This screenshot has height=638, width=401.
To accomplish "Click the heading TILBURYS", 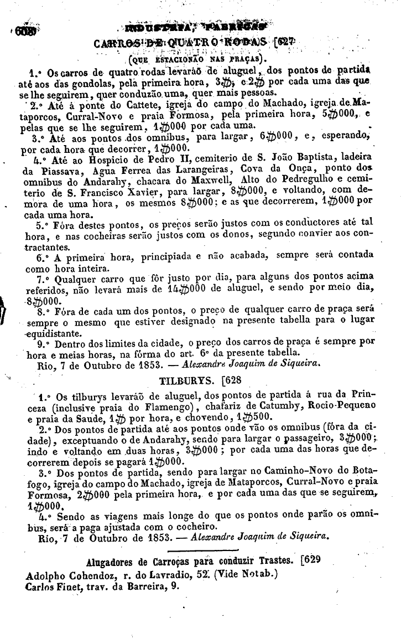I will (185, 381).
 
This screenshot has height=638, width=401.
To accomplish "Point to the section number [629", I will (310, 559).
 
